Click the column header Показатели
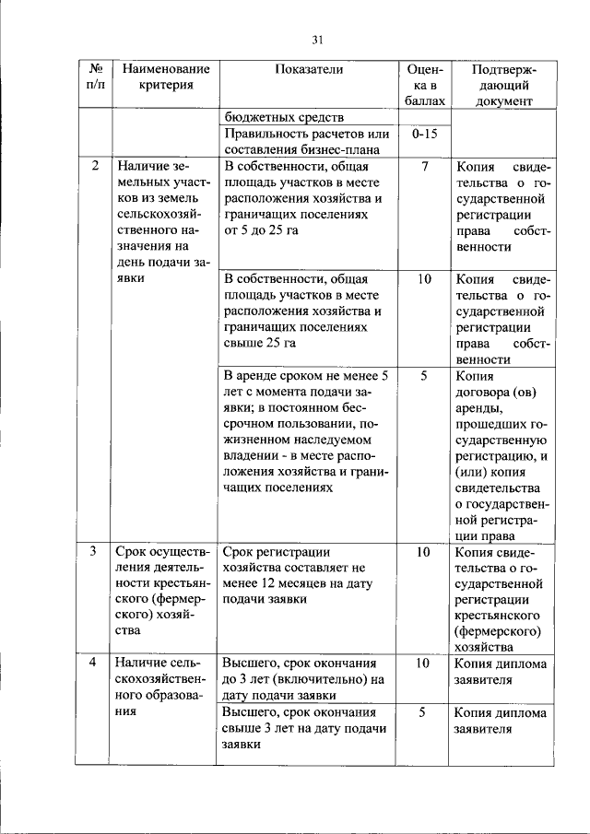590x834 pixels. click(x=308, y=69)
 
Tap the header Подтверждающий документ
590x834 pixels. click(x=503, y=85)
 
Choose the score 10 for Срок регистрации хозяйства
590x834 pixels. click(x=424, y=552)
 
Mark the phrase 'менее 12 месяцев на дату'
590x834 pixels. click(x=295, y=585)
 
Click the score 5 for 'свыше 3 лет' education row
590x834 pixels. click(x=424, y=712)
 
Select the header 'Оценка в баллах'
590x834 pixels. click(x=424, y=85)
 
